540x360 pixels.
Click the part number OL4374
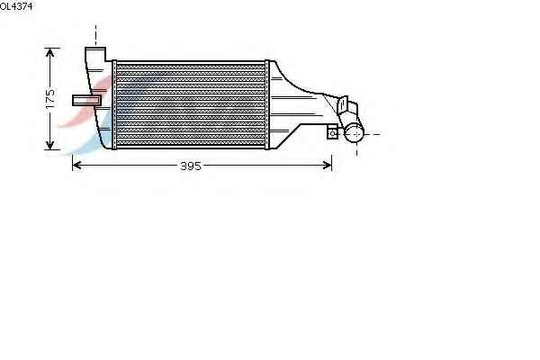[x=16, y=6]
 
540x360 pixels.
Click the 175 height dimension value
[x=50, y=99]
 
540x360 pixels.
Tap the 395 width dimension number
[x=191, y=166]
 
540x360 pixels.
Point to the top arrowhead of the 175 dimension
[x=49, y=52]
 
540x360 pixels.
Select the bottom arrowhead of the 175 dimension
[x=49, y=146]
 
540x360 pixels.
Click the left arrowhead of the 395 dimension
[x=76, y=166]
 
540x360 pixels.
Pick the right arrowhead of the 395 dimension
[x=328, y=166]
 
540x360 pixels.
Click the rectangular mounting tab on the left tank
[x=86, y=100]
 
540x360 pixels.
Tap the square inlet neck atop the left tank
[x=95, y=54]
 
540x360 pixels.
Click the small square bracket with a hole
[x=333, y=132]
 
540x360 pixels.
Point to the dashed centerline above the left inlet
[x=95, y=35]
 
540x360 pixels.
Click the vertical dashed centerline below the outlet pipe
[x=356, y=148]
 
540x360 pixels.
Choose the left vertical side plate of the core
[x=114, y=104]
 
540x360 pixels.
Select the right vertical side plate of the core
[x=267, y=104]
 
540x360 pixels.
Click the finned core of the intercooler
[x=191, y=104]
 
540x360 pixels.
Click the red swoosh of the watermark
[x=86, y=100]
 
